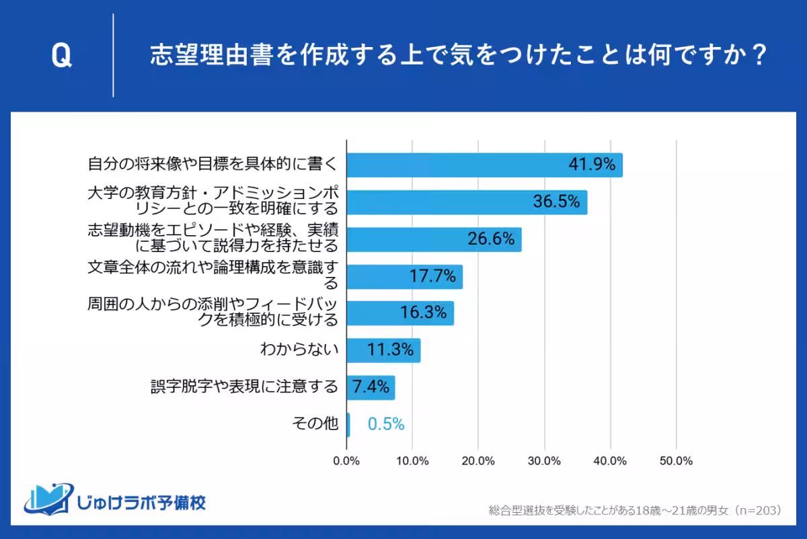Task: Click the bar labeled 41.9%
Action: coord(484,165)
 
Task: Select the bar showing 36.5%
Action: coord(467,202)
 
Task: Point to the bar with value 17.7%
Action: coord(404,276)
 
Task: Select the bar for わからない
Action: coord(383,350)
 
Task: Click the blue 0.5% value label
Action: coord(386,424)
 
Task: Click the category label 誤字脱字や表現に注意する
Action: coord(244,387)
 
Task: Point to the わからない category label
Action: coord(299,350)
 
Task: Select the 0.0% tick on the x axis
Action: coord(346,461)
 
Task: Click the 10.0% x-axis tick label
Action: coord(412,461)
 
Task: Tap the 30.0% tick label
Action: coord(544,461)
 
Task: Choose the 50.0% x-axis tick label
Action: coord(676,461)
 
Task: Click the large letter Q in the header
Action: coord(61,57)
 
